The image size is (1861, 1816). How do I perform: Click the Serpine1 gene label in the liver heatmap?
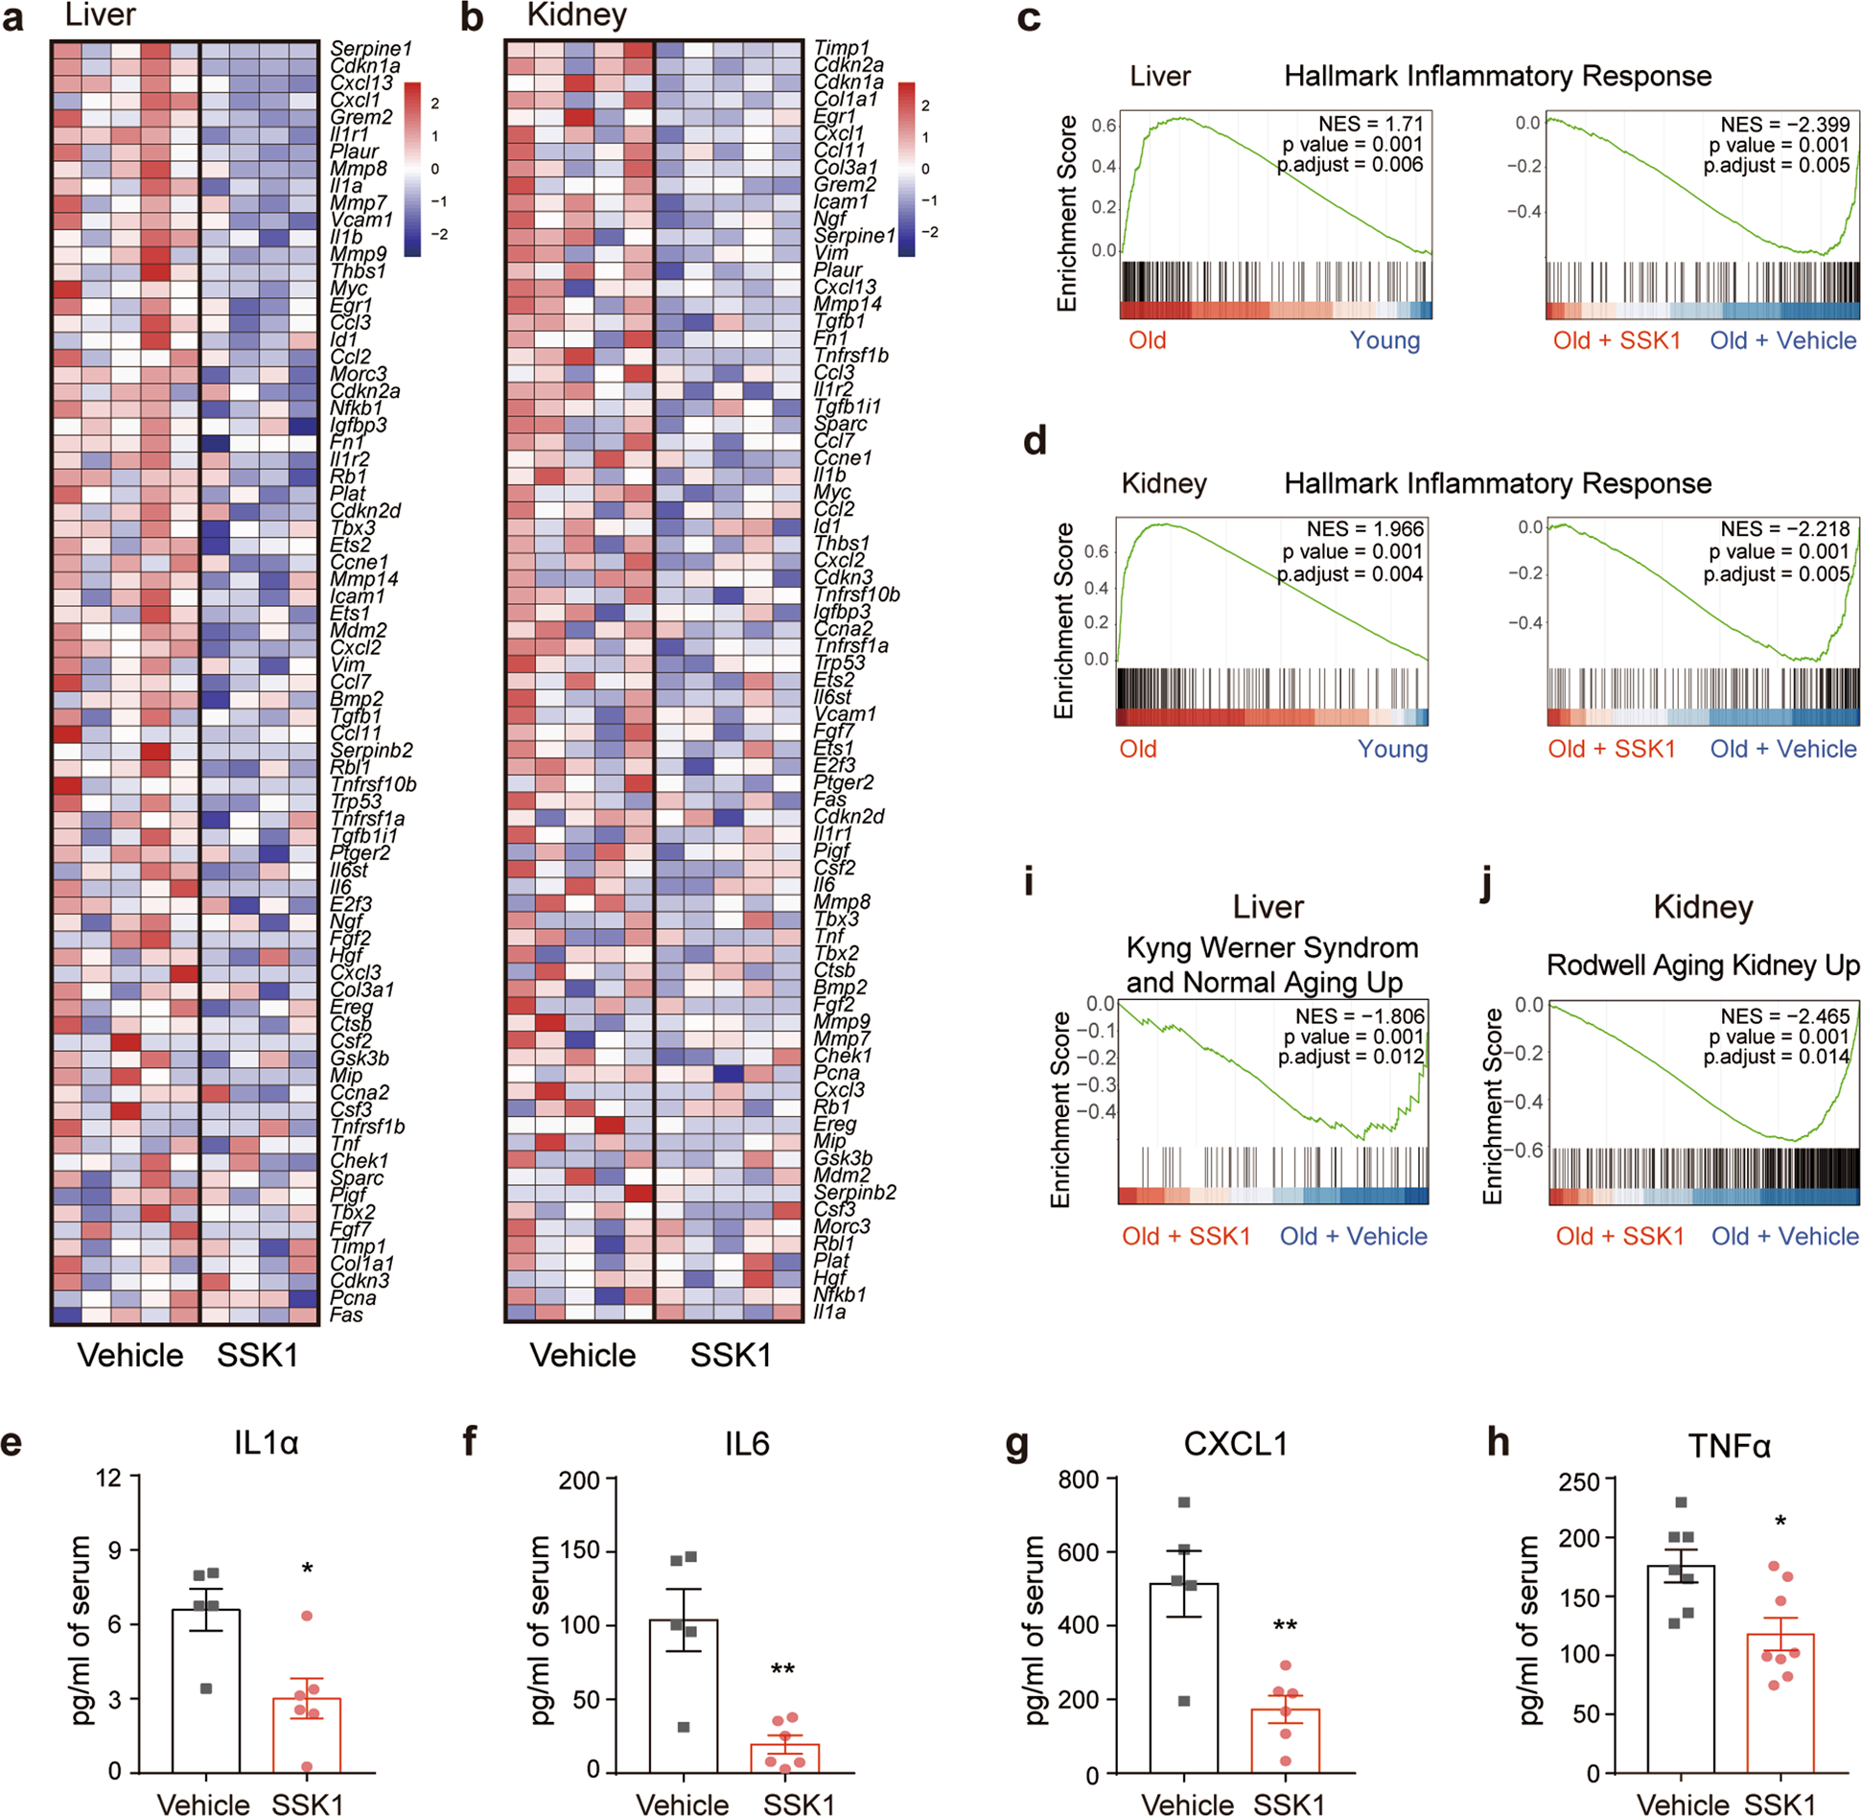click(x=370, y=48)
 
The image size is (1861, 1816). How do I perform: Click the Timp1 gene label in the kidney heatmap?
click(x=841, y=48)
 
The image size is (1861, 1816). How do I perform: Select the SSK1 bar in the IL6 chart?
click(x=784, y=1757)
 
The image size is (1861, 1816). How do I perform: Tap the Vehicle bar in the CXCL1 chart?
click(x=1183, y=1677)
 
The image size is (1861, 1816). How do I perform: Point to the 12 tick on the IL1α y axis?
click(x=108, y=1478)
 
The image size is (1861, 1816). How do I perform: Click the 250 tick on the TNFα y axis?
click(x=1579, y=1482)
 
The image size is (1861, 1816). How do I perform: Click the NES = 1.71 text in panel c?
click(x=1370, y=124)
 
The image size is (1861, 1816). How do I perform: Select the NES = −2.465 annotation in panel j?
click(x=1784, y=1015)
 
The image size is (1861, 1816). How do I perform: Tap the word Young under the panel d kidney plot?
click(x=1392, y=749)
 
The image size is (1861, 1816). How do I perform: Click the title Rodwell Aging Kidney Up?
click(x=1703, y=965)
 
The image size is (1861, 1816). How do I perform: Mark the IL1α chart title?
click(x=266, y=1443)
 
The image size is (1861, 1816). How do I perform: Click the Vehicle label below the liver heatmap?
click(x=130, y=1355)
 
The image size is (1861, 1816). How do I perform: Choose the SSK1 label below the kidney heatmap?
click(x=731, y=1355)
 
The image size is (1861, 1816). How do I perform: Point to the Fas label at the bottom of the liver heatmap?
click(x=346, y=1315)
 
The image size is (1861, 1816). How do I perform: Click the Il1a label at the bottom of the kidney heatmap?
click(x=829, y=1311)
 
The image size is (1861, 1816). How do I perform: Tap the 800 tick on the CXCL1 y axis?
click(x=1078, y=1479)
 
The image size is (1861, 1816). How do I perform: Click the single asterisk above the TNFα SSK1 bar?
click(x=1780, y=1523)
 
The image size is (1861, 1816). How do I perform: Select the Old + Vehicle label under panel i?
click(x=1353, y=1236)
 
